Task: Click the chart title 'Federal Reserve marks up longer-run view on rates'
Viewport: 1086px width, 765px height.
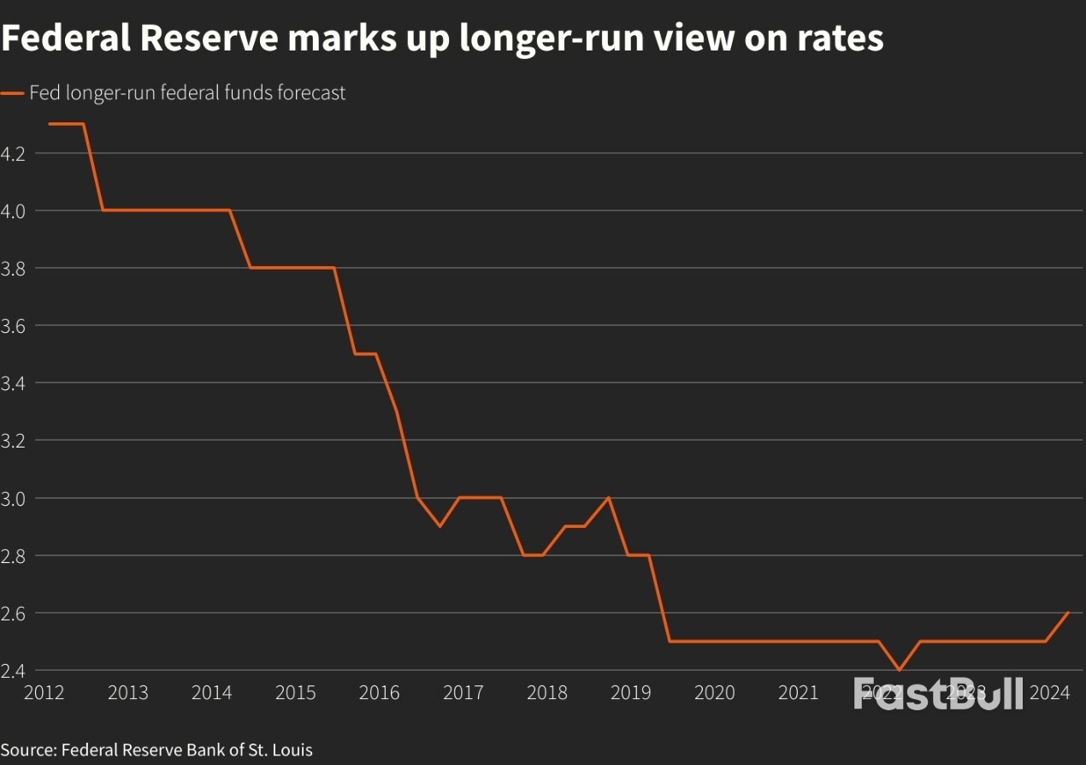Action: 442,39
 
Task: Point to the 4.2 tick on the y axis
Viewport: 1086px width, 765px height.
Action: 13,154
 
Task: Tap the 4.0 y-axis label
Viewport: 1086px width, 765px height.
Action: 13,211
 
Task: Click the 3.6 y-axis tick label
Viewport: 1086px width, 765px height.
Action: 13,326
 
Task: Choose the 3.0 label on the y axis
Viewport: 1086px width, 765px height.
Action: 13,498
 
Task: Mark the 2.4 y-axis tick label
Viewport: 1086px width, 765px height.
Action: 13,670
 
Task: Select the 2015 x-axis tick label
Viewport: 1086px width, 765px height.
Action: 295,692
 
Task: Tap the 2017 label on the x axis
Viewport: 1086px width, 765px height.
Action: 463,692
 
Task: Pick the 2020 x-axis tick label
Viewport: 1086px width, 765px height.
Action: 714,692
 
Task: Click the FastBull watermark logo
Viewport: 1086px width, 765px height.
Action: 938,693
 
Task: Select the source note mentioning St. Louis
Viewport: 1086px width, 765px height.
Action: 156,750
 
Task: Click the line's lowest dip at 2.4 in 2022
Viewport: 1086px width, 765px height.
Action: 899,670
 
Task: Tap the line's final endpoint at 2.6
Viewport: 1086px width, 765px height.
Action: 1068,613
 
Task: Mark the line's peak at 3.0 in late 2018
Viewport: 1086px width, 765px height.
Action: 608,497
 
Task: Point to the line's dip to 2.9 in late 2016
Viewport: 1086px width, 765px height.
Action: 440,526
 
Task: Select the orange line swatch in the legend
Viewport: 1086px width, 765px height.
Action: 12,93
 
